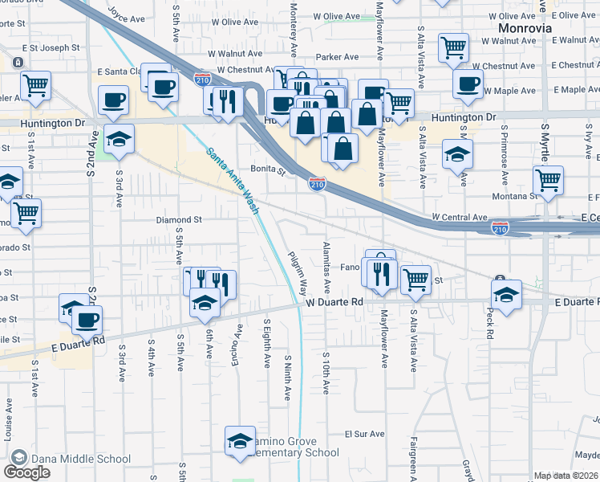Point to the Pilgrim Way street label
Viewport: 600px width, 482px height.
[297, 272]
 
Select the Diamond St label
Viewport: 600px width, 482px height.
[178, 219]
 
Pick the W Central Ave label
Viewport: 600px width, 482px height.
[459, 217]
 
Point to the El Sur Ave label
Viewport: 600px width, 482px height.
[365, 434]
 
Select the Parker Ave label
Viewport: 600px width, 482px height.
[337, 57]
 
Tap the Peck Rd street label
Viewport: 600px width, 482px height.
[489, 321]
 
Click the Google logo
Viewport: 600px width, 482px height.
[27, 472]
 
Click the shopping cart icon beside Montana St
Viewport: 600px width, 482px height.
[548, 181]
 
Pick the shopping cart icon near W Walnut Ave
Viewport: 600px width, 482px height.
[453, 47]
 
